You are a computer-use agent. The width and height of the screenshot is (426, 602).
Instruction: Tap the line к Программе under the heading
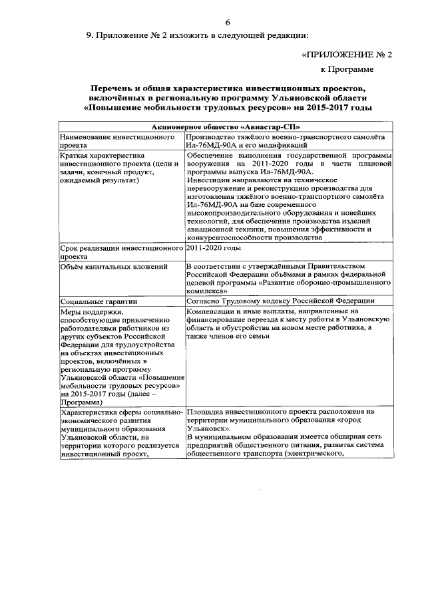(x=351, y=69)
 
